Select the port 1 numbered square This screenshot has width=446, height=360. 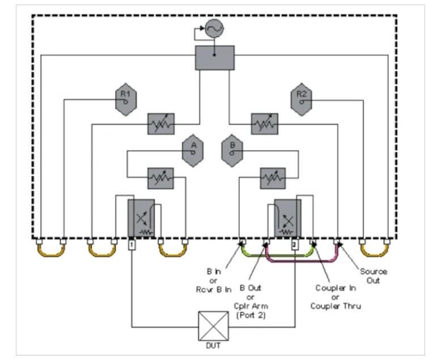[x=131, y=245]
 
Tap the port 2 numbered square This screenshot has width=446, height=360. [x=294, y=245]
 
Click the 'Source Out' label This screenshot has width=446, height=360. [x=373, y=276]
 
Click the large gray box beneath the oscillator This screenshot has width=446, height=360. [x=214, y=58]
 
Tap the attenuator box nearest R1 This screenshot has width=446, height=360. [x=161, y=123]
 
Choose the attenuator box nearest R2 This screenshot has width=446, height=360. [x=265, y=123]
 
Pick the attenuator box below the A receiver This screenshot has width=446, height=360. [x=160, y=178]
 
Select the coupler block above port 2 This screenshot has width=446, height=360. [x=287, y=218]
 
